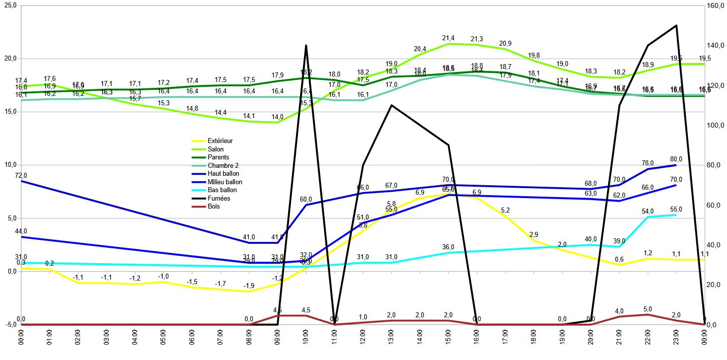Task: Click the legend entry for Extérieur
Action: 220,141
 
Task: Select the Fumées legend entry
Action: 219,198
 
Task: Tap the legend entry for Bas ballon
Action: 222,190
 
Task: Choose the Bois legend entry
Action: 214,206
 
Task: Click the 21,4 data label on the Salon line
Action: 448,38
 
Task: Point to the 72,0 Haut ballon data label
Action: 21,175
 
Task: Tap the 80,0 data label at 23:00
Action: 676,159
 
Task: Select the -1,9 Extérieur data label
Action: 249,286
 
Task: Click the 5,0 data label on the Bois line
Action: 648,309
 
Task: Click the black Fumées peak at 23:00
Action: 676,26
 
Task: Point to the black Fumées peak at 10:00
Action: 306,46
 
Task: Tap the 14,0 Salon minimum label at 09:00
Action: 277,117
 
